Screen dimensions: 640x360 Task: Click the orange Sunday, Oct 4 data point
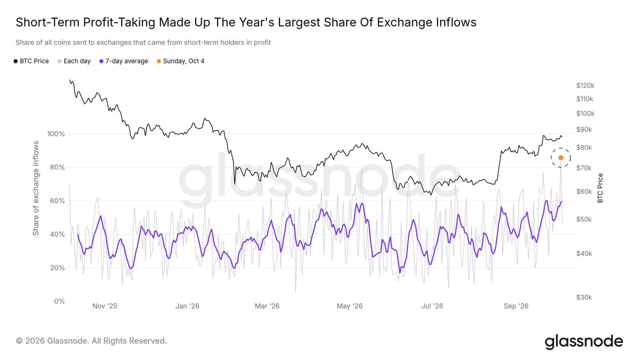(561, 158)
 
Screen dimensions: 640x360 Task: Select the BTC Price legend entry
(31, 61)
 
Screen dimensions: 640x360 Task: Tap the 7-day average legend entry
(124, 61)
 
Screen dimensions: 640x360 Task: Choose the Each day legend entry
(74, 61)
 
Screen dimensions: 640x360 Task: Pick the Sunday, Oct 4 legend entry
(181, 61)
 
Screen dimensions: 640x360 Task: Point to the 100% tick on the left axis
(56, 134)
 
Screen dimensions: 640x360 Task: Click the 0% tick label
(59, 301)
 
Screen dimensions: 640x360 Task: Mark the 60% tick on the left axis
(57, 201)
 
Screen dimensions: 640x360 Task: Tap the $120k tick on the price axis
(585, 85)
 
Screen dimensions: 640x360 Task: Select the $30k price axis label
(584, 298)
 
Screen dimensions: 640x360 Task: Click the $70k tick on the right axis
(584, 167)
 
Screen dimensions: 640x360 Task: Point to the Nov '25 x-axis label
(105, 306)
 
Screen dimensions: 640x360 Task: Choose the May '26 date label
(349, 306)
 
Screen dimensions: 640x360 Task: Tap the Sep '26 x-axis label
(516, 306)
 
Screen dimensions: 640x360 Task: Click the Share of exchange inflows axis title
(36, 188)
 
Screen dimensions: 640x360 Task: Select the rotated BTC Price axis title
(600, 188)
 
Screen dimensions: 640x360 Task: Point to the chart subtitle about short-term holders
(143, 43)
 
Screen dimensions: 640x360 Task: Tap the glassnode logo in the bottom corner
(583, 341)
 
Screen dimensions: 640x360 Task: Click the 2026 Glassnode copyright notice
(91, 341)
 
